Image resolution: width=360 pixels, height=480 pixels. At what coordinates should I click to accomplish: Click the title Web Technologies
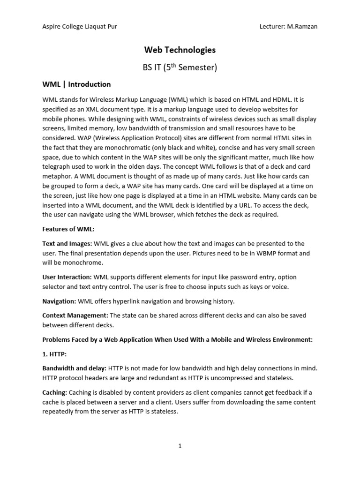click(x=180, y=50)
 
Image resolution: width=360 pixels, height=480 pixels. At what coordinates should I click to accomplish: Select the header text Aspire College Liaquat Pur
click(x=80, y=27)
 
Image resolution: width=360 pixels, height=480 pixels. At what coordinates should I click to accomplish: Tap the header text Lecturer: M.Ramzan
click(x=288, y=27)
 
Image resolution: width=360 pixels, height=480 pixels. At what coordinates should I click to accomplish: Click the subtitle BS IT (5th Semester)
click(x=180, y=67)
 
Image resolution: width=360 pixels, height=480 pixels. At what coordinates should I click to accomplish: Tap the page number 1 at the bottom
click(x=180, y=446)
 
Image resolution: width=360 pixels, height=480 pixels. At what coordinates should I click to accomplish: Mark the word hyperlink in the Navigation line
click(x=127, y=301)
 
